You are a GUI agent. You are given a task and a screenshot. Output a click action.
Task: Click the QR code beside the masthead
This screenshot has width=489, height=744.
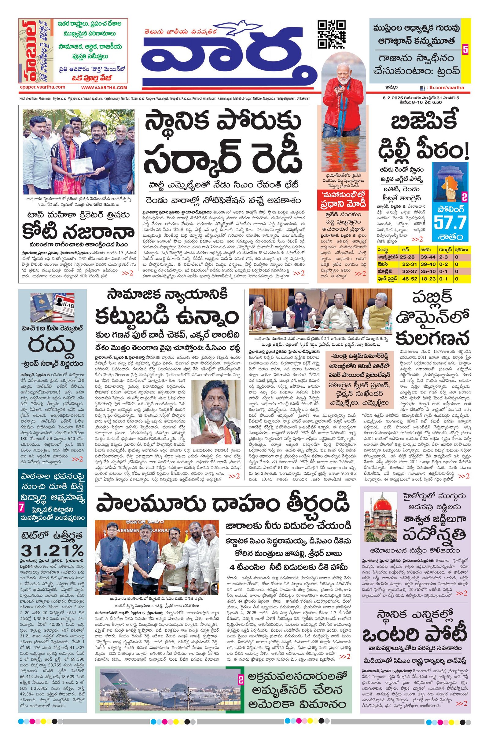pyautogui.click(x=332, y=34)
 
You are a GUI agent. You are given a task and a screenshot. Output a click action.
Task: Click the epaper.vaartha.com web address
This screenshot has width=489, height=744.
pyautogui.click(x=42, y=87)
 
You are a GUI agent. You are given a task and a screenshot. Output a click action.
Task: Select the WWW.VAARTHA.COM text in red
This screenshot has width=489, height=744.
pyautogui.click(x=104, y=88)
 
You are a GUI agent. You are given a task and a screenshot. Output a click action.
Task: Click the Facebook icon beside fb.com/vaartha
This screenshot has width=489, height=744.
pyautogui.click(x=422, y=88)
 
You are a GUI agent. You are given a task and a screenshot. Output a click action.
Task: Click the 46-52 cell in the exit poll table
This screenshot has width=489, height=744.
pyautogui.click(x=408, y=277)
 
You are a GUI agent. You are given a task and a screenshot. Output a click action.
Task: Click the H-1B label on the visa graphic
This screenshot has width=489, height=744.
pyautogui.click(x=64, y=304)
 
